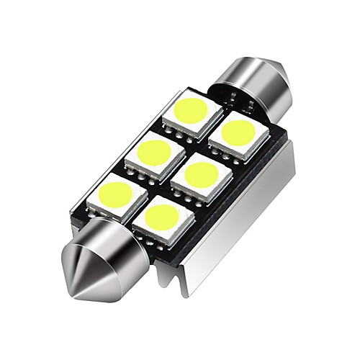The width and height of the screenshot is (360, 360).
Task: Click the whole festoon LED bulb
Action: pos(180,180)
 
